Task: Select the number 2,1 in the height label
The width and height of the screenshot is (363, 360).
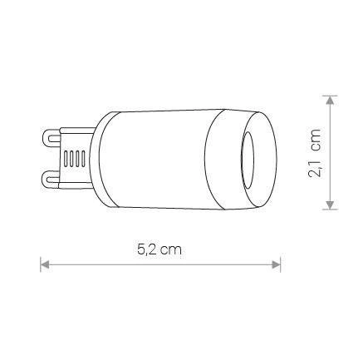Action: point(314,163)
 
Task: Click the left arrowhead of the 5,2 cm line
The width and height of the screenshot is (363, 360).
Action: point(46,264)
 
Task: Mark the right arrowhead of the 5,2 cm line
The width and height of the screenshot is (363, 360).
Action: point(276,264)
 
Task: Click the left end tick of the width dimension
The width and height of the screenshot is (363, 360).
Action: point(41,264)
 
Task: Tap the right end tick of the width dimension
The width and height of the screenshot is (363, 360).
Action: point(281,264)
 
